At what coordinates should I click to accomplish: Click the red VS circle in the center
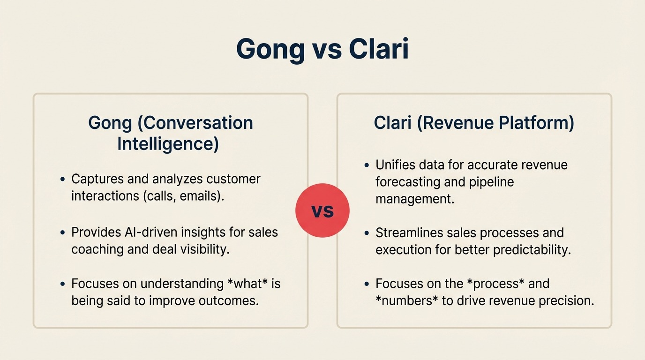coord(322,210)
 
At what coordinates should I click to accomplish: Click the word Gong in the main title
coord(270,49)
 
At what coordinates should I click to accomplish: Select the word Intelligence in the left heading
coord(168,144)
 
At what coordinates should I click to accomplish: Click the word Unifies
coord(396,165)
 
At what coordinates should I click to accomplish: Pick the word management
coord(415,199)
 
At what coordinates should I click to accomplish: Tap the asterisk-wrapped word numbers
coord(407,300)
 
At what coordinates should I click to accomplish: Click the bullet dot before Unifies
coord(367,165)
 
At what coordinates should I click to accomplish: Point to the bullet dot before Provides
coord(62,232)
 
